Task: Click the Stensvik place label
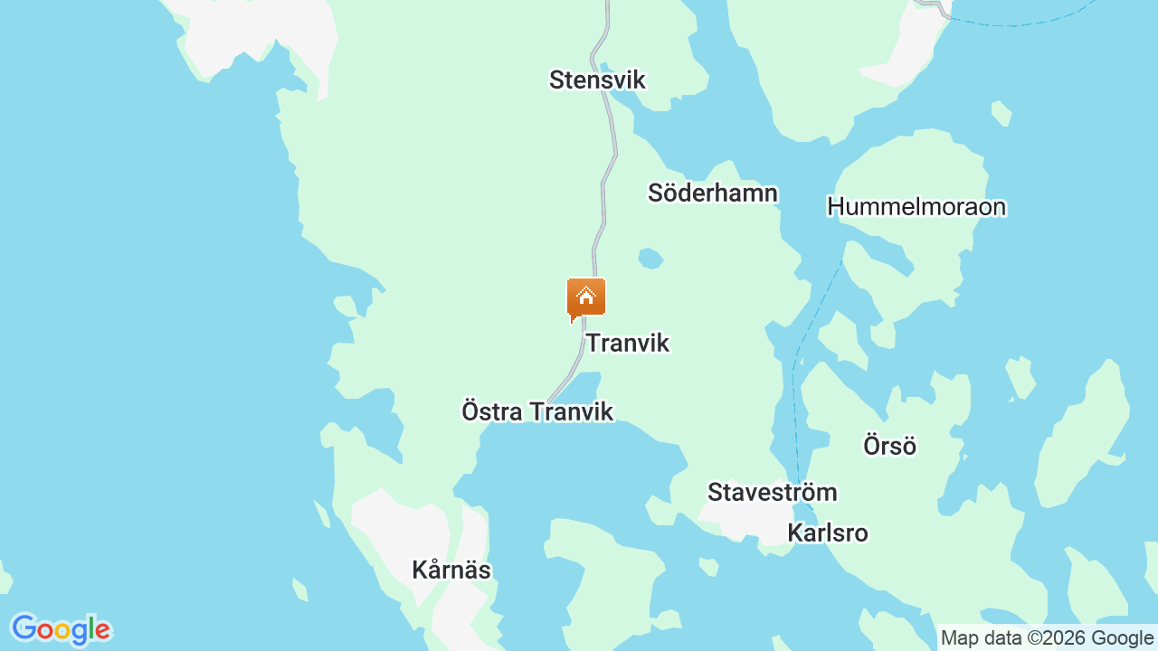(x=597, y=80)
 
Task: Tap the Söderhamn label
(x=713, y=193)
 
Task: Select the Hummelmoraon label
(x=916, y=207)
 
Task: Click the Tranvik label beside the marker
(x=628, y=343)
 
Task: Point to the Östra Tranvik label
(x=537, y=411)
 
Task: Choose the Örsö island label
(x=889, y=446)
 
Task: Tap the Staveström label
(x=772, y=493)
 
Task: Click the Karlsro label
(x=828, y=533)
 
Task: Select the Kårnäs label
(x=451, y=571)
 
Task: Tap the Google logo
(x=61, y=629)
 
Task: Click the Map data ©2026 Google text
(x=1047, y=638)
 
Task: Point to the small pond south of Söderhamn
(x=650, y=259)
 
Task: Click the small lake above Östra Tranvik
(x=584, y=385)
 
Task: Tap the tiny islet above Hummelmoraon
(x=1001, y=113)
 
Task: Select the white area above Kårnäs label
(x=398, y=524)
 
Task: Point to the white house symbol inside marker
(x=586, y=295)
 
